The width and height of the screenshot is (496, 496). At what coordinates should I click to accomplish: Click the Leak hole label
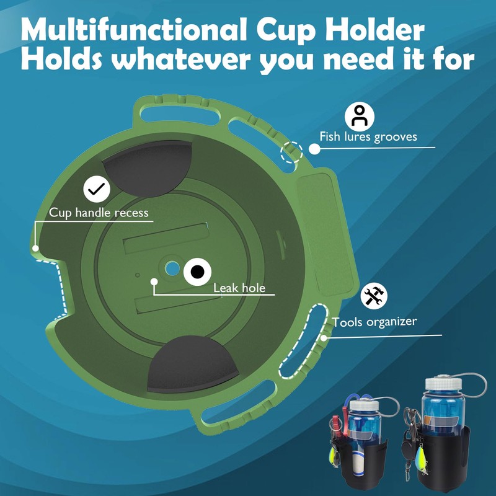pyautogui.click(x=239, y=288)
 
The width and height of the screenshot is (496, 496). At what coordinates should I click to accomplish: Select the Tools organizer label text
pyautogui.click(x=374, y=322)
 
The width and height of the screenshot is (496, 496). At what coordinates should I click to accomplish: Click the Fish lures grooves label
pyautogui.click(x=368, y=137)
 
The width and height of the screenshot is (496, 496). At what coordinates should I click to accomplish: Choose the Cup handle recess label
pyautogui.click(x=99, y=213)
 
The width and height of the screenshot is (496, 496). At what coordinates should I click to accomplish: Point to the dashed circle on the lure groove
pyautogui.click(x=292, y=151)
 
